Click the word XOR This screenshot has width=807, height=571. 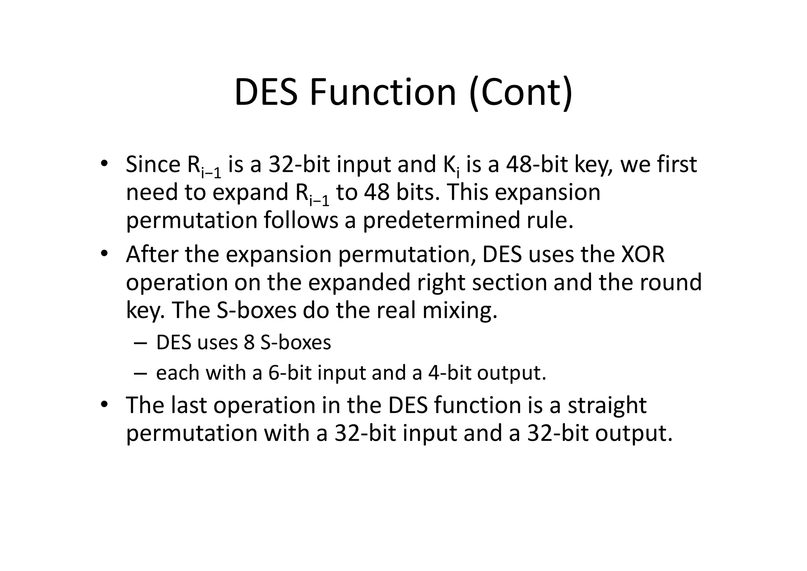(x=643, y=254)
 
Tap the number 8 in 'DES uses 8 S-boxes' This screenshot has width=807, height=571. (x=249, y=342)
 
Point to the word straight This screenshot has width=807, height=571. (x=607, y=405)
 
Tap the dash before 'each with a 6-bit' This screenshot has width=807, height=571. (x=140, y=373)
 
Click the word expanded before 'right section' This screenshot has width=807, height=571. (x=359, y=282)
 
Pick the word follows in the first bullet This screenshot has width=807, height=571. (x=301, y=220)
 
